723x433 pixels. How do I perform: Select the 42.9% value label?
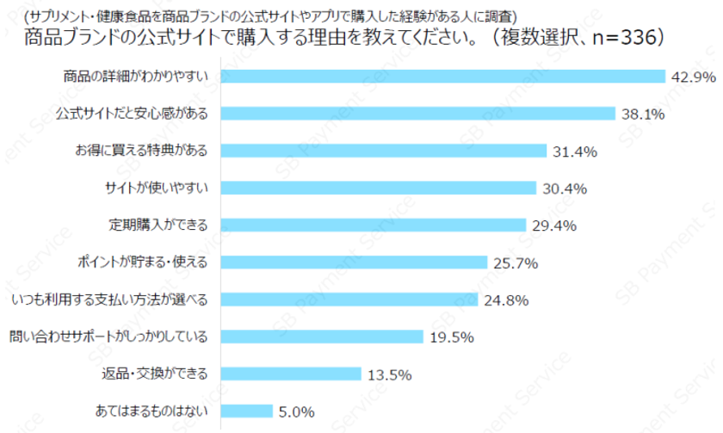pyautogui.click(x=693, y=77)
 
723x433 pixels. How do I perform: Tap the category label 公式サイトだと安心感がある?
pyautogui.click(x=133, y=114)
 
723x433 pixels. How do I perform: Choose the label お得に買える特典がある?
pyautogui.click(x=141, y=151)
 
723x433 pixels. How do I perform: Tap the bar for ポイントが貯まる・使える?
pyautogui.click(x=355, y=262)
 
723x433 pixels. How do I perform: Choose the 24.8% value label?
pyautogui.click(x=504, y=300)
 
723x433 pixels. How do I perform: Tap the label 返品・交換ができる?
pyautogui.click(x=151, y=374)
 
